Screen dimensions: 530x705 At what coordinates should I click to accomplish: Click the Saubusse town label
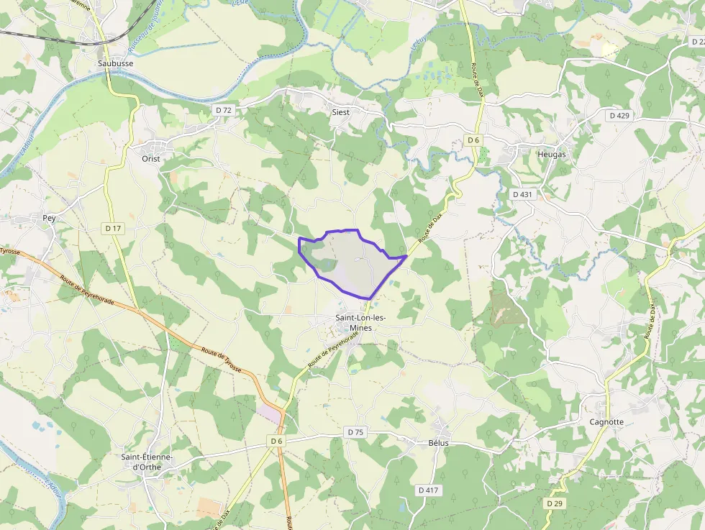(115, 63)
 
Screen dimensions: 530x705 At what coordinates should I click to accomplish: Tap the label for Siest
(340, 112)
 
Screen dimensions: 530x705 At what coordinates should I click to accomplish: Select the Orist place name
(150, 158)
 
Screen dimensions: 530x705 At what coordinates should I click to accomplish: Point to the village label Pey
(49, 217)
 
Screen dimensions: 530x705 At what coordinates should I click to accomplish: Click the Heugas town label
(552, 154)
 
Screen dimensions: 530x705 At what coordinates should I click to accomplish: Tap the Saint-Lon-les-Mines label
(360, 322)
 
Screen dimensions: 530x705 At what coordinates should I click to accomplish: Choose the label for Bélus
(438, 443)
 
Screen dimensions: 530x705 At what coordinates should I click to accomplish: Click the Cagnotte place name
(606, 421)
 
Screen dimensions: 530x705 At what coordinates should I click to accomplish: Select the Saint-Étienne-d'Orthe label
(147, 461)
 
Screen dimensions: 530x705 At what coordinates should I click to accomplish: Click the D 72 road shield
(224, 110)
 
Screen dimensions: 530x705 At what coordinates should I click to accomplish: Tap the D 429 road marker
(619, 115)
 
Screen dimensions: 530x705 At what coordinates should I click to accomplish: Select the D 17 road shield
(113, 228)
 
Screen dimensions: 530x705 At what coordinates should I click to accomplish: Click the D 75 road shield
(355, 432)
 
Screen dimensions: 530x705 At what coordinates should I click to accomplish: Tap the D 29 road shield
(554, 503)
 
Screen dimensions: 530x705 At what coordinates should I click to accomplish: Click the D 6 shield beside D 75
(278, 440)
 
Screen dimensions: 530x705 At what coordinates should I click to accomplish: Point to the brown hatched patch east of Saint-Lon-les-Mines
(506, 309)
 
